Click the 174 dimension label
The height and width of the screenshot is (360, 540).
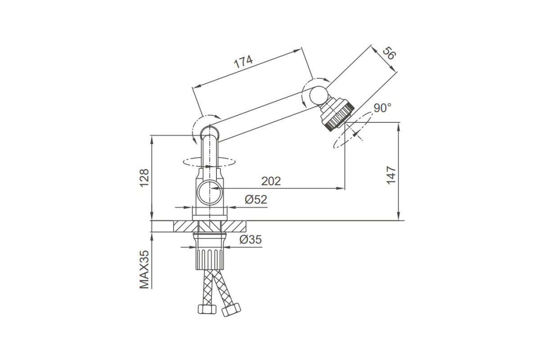243,62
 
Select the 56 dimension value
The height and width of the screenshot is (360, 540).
389,53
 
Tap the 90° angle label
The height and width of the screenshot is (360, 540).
382,108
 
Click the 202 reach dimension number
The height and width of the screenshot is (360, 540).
271,181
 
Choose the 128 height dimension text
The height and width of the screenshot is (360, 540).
144,178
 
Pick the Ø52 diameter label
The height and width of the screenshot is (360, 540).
256,200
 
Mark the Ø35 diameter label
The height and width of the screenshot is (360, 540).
251,240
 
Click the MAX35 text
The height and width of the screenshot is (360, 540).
144,270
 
